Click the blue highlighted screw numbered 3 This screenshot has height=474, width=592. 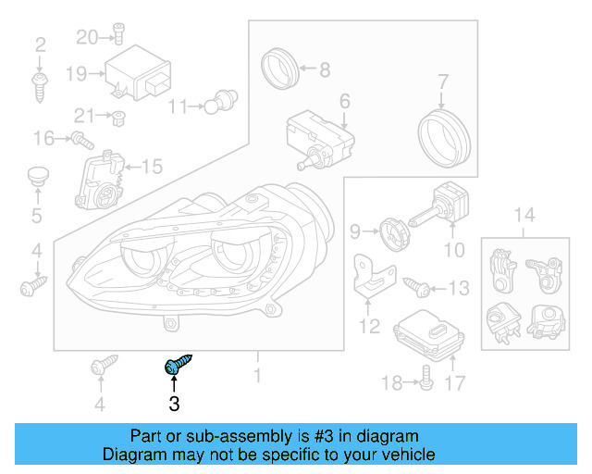pyautogui.click(x=175, y=367)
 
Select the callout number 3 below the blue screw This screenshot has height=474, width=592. pyautogui.click(x=174, y=404)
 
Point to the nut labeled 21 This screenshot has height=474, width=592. pyautogui.click(x=118, y=116)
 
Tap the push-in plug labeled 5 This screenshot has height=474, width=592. pyautogui.click(x=37, y=178)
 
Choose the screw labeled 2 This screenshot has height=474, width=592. pyautogui.click(x=40, y=87)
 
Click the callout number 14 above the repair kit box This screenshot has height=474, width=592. pyautogui.click(x=524, y=216)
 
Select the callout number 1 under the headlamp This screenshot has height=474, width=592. pyautogui.click(x=257, y=376)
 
